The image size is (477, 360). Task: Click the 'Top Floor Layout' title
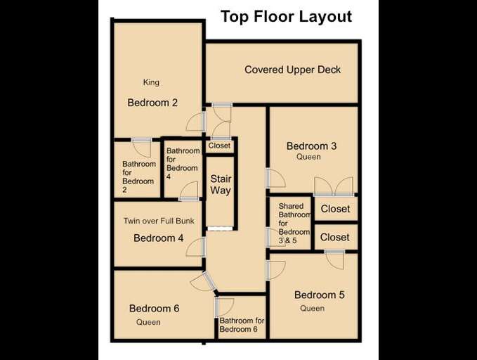pos(286,17)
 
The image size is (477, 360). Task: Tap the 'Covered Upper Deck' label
pos(292,70)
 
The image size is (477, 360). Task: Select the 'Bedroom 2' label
pos(152,103)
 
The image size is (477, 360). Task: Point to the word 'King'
pos(150,82)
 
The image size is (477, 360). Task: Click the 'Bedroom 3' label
pos(311,146)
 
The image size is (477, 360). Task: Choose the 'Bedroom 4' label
pos(158,238)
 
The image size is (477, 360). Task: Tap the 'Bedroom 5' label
pos(319,295)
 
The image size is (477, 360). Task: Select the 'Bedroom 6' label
pos(154,308)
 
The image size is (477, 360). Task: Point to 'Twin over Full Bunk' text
pos(158,221)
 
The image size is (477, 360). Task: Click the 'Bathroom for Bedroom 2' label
pos(139,176)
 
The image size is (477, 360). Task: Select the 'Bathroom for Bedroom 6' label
pos(242,325)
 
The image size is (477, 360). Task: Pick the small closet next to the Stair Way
pos(219,146)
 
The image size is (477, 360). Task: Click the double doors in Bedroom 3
pos(333,186)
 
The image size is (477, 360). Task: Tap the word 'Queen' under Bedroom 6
pos(148,322)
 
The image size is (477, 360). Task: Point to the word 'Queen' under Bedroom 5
pos(312,308)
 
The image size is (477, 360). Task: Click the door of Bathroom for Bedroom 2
pos(141,148)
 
